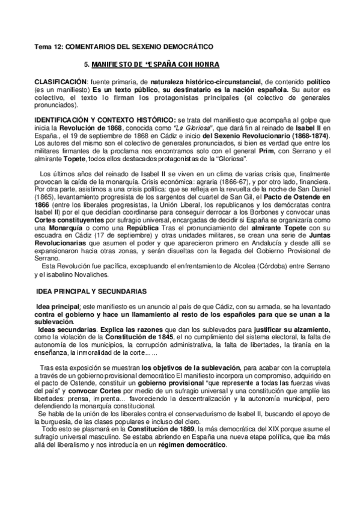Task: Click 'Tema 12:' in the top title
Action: pos(47,46)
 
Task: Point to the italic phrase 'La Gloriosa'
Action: pos(191,127)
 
